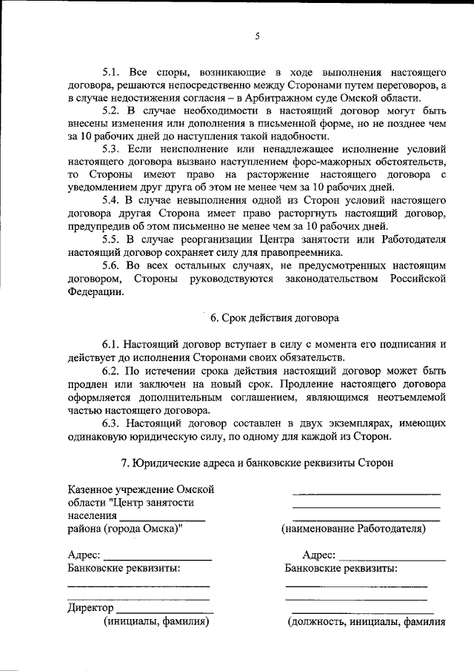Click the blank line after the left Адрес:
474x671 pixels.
click(157, 556)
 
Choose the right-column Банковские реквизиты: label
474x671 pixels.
click(341, 569)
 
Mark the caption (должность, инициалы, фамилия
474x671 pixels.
click(366, 622)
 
